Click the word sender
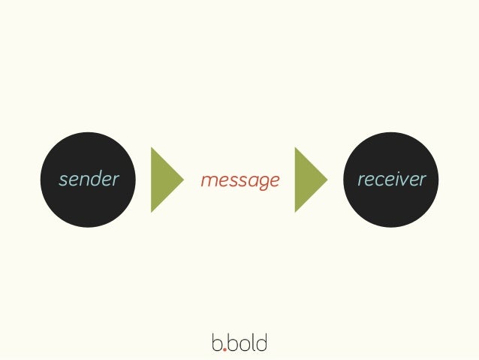[89, 180]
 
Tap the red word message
[239, 180]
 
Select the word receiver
[391, 180]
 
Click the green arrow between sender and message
[165, 180]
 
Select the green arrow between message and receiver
[309, 180]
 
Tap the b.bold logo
[239, 343]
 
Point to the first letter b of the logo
[216, 343]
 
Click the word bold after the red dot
[247, 343]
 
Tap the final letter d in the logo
[261, 343]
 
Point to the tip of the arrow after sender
[182, 180]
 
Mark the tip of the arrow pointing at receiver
[327, 180]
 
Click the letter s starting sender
[63, 181]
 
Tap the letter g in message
[260, 183]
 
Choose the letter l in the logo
[253, 342]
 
